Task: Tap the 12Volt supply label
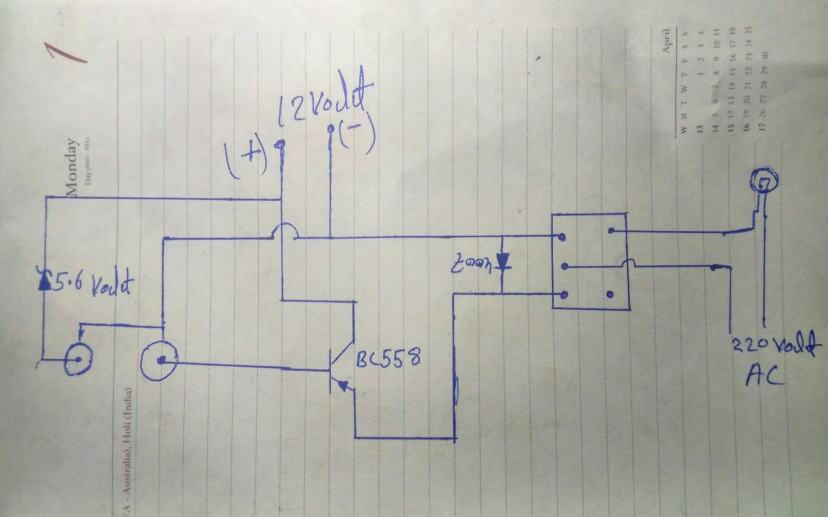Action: [x=325, y=102]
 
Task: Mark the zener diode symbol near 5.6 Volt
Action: [x=45, y=281]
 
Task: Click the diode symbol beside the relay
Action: [x=502, y=262]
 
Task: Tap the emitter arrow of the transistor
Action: [x=343, y=386]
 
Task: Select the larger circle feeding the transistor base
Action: [x=159, y=360]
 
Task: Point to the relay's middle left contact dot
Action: [x=565, y=267]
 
